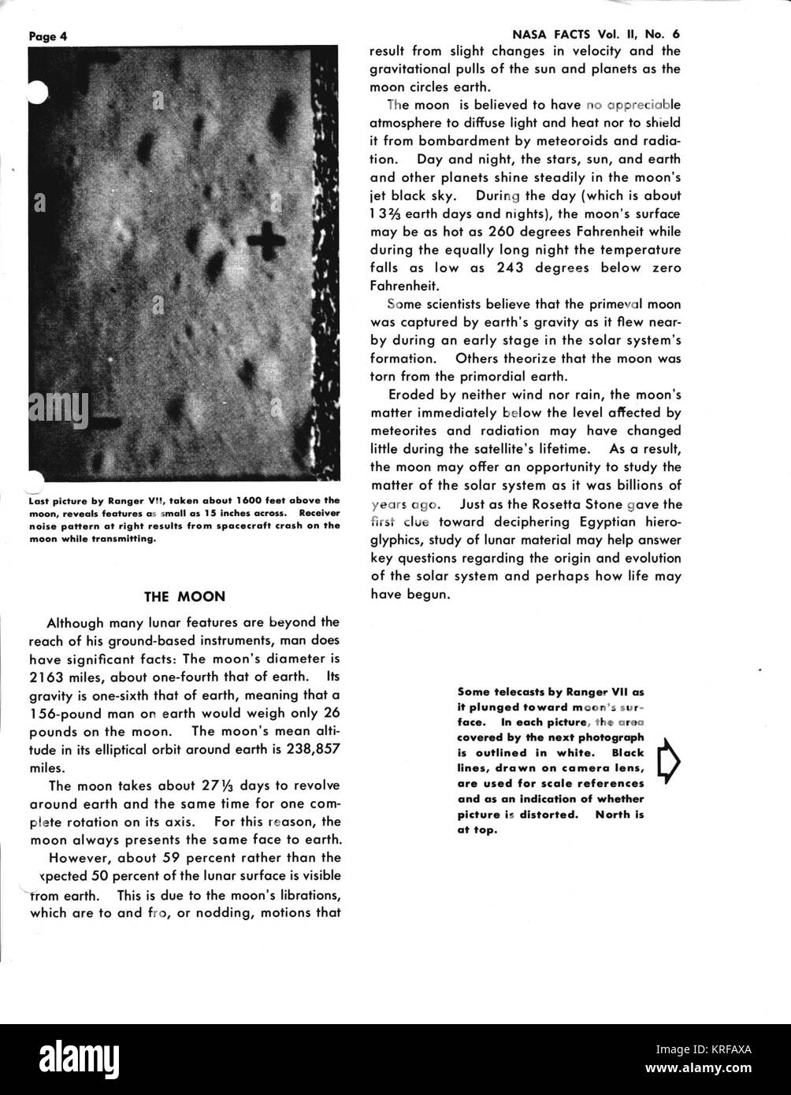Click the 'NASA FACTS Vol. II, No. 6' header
[591, 35]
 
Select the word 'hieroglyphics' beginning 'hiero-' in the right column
[653, 522]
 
